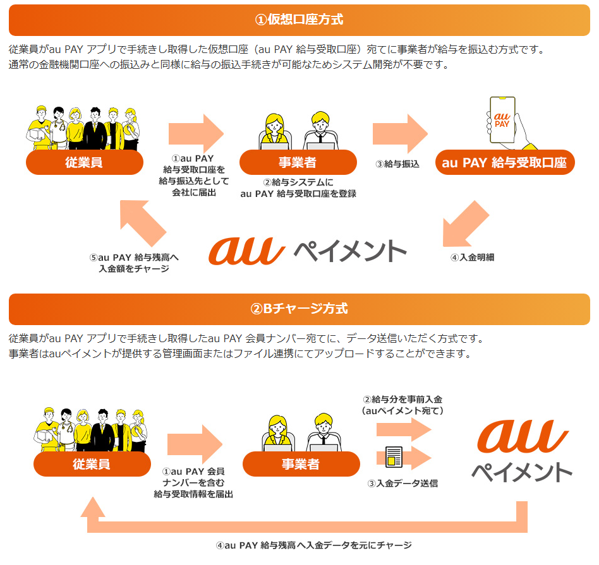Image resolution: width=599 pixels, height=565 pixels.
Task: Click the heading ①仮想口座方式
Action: (299, 20)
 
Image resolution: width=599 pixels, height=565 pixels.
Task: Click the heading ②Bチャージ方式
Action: (299, 309)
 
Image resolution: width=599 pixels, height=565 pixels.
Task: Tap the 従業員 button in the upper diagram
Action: (84, 163)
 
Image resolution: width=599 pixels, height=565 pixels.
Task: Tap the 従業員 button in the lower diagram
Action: (92, 465)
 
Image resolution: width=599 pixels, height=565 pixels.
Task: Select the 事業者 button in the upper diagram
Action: (298, 163)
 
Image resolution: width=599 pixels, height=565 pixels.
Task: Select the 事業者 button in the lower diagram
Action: (301, 465)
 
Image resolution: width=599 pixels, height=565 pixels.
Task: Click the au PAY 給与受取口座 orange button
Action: (504, 163)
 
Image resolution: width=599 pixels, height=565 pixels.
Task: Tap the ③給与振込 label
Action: (397, 165)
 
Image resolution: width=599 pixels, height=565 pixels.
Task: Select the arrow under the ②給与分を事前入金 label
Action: (403, 430)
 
